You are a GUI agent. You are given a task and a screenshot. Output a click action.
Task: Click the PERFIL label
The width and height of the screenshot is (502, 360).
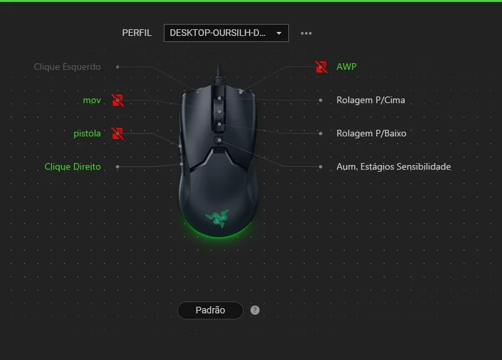(136, 33)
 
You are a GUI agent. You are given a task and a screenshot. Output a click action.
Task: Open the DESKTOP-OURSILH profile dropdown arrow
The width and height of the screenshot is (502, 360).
(279, 33)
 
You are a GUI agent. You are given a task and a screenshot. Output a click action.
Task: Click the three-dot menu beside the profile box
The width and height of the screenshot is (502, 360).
(306, 33)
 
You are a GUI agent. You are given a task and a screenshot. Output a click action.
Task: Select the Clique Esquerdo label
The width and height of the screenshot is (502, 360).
(67, 67)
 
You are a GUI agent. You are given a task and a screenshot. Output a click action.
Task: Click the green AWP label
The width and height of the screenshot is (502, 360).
(346, 67)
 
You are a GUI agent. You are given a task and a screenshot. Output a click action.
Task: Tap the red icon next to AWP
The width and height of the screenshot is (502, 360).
(322, 67)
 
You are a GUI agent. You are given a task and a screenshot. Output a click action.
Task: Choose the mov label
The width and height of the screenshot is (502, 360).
(92, 100)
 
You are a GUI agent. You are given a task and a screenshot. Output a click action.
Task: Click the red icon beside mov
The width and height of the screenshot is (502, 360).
(117, 100)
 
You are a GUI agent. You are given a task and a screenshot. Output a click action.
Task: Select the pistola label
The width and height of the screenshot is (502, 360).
(87, 134)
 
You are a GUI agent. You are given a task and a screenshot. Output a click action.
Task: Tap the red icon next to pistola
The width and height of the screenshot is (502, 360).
(117, 134)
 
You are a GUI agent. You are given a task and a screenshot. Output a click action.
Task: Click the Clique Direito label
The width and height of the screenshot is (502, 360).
(73, 167)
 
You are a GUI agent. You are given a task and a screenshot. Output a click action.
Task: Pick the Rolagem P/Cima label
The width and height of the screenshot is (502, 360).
(371, 100)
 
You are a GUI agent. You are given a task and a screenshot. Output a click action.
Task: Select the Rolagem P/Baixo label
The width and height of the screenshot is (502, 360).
(372, 134)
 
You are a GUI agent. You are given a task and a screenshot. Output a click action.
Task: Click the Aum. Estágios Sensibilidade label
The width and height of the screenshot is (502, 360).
(393, 167)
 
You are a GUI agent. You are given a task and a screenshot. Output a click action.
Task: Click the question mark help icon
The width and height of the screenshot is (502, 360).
(255, 310)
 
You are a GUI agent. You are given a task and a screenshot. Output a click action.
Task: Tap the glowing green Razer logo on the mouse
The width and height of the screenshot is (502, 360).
(218, 218)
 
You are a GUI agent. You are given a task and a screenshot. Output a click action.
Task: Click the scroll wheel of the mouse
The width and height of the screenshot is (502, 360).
(219, 112)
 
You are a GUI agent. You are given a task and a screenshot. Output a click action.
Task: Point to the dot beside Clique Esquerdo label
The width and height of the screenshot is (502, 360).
(117, 67)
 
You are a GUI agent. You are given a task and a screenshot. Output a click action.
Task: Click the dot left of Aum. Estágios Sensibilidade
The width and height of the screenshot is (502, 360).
(320, 167)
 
